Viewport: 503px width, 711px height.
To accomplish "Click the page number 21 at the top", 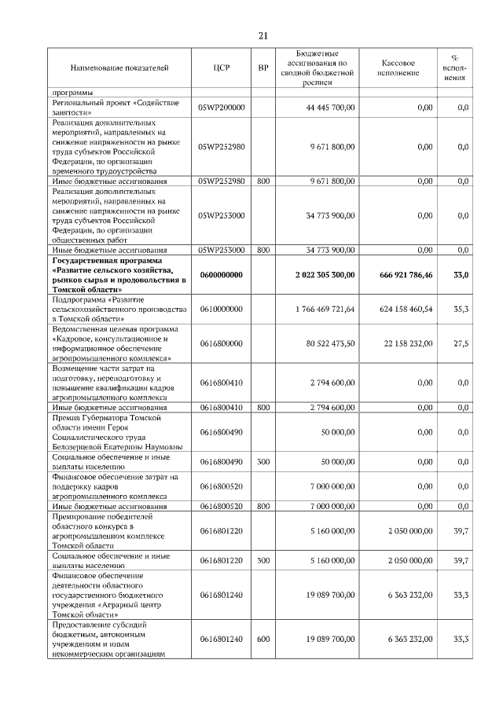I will click(x=263, y=35).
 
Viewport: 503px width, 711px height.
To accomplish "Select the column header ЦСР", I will click(x=221, y=69).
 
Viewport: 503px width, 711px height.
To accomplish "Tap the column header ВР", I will click(x=263, y=69).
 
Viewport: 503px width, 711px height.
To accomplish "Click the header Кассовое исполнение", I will click(x=398, y=69).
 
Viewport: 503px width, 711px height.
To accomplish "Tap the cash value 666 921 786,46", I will click(x=401, y=275).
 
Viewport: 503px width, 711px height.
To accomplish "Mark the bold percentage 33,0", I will click(x=461, y=275).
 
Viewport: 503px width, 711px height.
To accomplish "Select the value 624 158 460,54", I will click(x=401, y=310).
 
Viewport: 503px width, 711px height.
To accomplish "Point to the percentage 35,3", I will click(x=461, y=310).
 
